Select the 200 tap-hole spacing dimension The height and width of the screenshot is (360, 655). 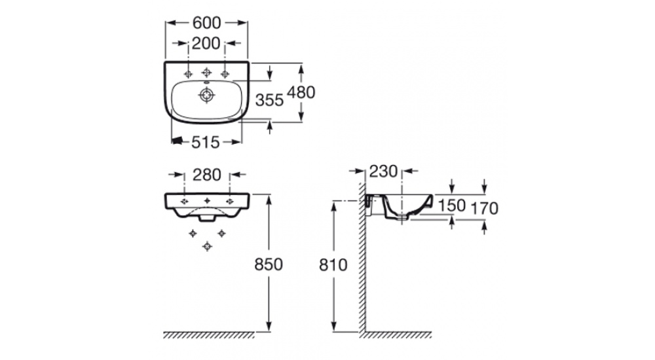click(206, 45)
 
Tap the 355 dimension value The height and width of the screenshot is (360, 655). click(269, 99)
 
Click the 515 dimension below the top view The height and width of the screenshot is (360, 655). click(206, 141)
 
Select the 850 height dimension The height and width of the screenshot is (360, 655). click(268, 264)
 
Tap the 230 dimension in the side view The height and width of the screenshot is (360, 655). click(383, 171)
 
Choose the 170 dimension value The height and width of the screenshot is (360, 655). click(485, 208)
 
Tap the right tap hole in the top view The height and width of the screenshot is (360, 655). click(225, 73)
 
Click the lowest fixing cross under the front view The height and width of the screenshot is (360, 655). click(207, 245)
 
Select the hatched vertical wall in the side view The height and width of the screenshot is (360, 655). click(362, 262)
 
